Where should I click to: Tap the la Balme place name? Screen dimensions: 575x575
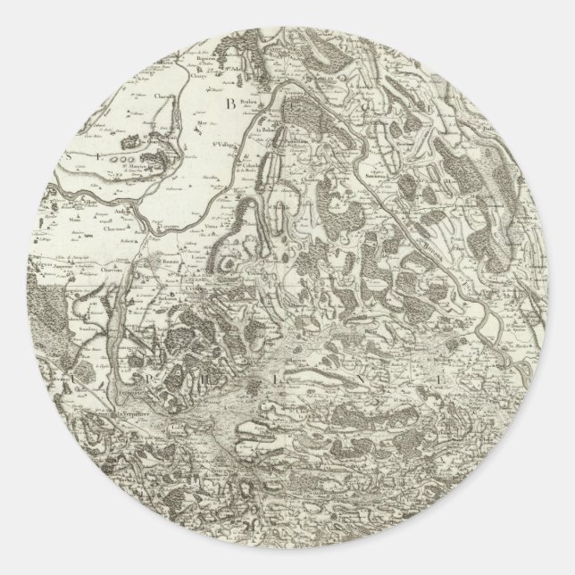[264, 132]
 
